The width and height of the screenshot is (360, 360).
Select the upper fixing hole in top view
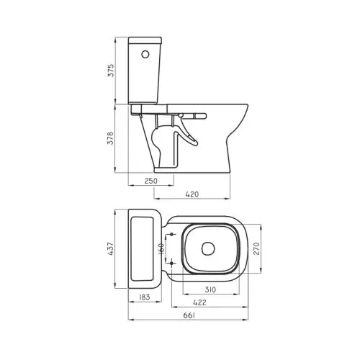[x=173, y=235]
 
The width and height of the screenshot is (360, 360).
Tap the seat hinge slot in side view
[x=197, y=114]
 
